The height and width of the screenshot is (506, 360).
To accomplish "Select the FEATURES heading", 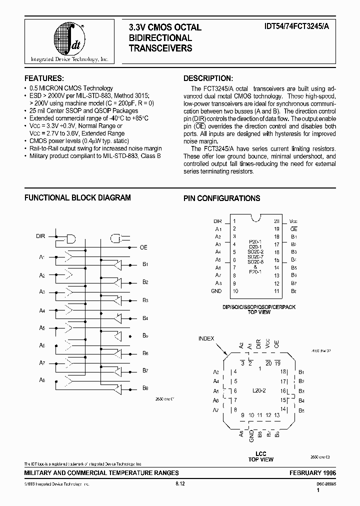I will pos(44,78).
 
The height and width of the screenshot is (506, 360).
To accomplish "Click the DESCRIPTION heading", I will pos(207,78).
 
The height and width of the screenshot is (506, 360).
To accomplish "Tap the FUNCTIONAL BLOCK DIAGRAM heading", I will pos(77,198).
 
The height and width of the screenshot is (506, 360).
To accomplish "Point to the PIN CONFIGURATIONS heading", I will pos(221,198).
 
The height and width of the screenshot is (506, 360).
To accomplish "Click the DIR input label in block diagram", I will pos(41,235).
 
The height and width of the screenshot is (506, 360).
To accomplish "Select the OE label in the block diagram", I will pos(143,247).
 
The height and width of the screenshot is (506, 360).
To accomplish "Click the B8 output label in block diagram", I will pos(145,388).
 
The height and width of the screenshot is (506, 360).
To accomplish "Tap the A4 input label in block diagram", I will pos(42,310).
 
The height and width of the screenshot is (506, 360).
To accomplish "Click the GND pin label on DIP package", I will pos(216,290).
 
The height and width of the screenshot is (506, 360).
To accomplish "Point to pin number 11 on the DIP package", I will pos(276,290).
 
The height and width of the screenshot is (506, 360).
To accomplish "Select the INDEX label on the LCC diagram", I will pos(206,338).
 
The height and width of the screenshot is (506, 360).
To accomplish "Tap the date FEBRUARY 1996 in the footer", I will pos(312,472).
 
